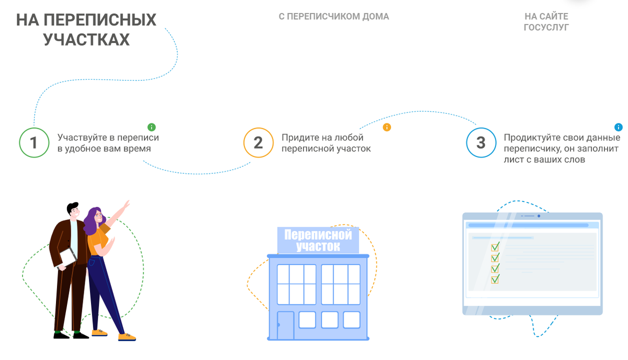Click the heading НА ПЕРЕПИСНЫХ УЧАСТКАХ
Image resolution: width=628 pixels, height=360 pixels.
86,29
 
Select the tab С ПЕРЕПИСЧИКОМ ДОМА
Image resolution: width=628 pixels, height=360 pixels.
334,17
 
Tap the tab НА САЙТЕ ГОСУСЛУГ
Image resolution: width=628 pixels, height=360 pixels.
546,22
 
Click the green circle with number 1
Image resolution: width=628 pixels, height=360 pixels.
34,142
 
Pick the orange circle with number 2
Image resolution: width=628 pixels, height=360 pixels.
258,142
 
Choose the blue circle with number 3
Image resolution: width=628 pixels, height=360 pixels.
481,142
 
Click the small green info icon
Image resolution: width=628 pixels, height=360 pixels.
151,127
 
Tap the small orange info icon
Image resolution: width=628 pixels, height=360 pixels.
387,127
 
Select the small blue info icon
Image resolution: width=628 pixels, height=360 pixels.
619,127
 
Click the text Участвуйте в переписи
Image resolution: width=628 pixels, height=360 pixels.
108,138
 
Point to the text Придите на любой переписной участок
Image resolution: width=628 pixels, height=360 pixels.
326,143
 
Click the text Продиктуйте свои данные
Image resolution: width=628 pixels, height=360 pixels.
562,138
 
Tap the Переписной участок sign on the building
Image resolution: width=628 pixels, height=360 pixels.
318,240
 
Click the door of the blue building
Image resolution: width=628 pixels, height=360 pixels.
285,325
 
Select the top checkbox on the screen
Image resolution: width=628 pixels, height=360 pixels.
495,247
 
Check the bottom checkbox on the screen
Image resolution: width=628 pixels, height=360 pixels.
495,279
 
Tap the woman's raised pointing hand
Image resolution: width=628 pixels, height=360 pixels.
126,205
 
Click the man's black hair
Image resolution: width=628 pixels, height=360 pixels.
72,208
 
